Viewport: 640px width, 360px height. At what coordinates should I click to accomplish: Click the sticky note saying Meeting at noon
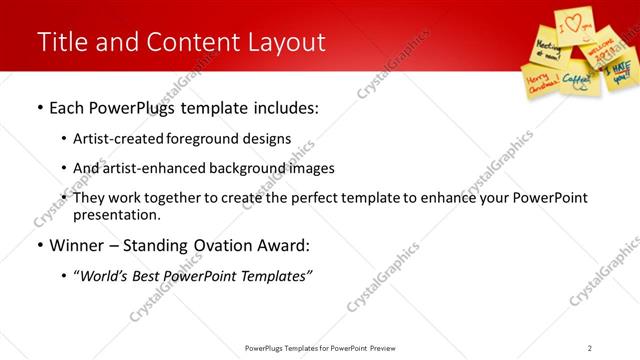click(546, 47)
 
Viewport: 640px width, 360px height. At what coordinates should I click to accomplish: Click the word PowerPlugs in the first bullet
click(136, 107)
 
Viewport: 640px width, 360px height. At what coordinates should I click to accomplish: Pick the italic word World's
click(107, 276)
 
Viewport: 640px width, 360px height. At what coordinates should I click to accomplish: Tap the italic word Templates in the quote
click(273, 276)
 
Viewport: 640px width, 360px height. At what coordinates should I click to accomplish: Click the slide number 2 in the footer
click(590, 347)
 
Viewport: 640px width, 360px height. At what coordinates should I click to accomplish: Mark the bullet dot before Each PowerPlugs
click(39, 107)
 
